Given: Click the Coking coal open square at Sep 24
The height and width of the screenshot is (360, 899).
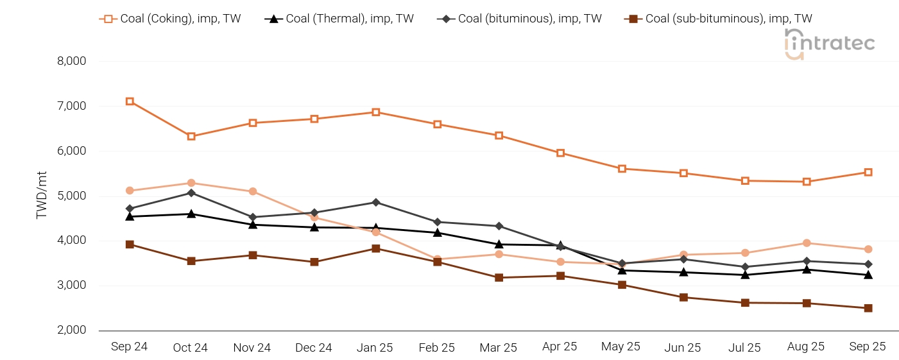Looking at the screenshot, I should [x=130, y=101].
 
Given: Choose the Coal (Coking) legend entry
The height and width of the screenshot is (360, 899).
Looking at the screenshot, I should [x=170, y=19].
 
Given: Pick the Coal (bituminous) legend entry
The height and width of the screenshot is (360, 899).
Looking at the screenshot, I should [x=519, y=19].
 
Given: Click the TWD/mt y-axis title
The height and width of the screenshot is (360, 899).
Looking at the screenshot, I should [x=42, y=195].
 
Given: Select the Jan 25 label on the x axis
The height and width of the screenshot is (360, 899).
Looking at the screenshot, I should [x=375, y=348].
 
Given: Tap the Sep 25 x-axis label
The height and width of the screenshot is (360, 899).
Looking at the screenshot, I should [x=868, y=347].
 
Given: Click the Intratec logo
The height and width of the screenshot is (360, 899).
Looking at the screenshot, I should [x=829, y=44].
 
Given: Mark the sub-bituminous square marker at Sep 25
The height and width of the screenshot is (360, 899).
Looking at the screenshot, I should [x=868, y=308].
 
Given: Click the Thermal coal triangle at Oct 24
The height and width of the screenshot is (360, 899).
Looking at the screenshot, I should [x=191, y=214].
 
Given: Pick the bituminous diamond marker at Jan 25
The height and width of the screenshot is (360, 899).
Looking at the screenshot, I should [x=376, y=202].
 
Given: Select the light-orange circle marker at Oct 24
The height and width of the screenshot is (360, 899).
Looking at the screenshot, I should [x=191, y=183].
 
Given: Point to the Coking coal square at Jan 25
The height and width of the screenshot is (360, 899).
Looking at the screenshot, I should [x=376, y=112].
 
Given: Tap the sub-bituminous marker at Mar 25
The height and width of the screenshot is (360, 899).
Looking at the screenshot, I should [x=499, y=277].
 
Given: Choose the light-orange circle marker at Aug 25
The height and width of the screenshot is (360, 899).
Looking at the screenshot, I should [x=807, y=243].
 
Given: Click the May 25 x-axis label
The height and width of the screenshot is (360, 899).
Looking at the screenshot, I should [x=621, y=347].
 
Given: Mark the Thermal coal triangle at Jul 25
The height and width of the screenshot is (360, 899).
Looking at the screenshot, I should [x=745, y=275].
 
